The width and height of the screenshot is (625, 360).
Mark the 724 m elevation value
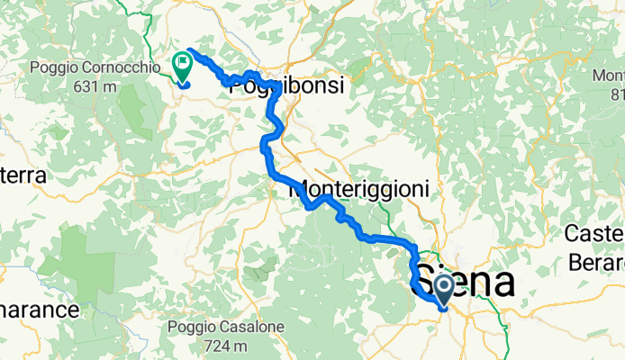click(231, 345)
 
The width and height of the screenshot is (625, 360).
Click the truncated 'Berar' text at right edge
click(596, 262)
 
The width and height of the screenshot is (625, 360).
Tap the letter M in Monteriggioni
click(299, 191)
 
